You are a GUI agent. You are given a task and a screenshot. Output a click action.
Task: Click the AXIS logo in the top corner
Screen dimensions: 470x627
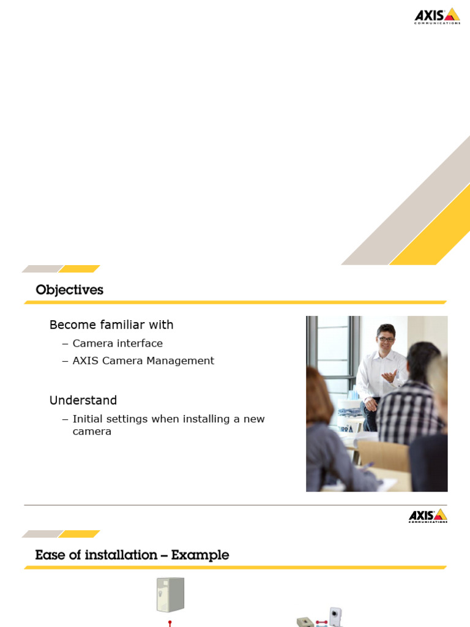click(x=437, y=16)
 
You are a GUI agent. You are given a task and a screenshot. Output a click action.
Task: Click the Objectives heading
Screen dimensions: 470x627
click(x=70, y=290)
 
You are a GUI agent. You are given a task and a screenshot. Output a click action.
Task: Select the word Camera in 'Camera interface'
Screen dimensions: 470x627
click(x=93, y=344)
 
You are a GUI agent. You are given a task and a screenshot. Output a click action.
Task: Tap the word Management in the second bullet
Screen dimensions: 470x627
click(x=181, y=361)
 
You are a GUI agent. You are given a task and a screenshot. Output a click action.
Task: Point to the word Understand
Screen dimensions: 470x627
click(x=83, y=400)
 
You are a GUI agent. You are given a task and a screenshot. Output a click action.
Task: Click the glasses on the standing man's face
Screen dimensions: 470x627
click(x=386, y=339)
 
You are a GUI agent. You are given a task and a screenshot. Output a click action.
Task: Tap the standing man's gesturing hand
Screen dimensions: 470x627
click(x=389, y=377)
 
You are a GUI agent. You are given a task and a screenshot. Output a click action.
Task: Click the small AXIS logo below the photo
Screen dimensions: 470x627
click(x=428, y=516)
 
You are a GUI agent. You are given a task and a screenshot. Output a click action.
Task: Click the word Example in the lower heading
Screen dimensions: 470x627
click(x=200, y=555)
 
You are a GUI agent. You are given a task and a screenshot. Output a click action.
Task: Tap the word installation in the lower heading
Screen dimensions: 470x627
click(x=121, y=555)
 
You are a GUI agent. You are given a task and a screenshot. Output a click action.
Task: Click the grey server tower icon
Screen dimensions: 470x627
click(x=171, y=595)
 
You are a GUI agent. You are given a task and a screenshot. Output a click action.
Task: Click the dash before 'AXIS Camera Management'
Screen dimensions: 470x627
click(x=65, y=361)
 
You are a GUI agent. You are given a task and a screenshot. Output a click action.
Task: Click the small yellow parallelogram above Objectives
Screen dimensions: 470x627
click(x=79, y=269)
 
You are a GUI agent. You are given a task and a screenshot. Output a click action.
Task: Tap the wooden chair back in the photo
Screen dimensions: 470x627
click(x=383, y=456)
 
